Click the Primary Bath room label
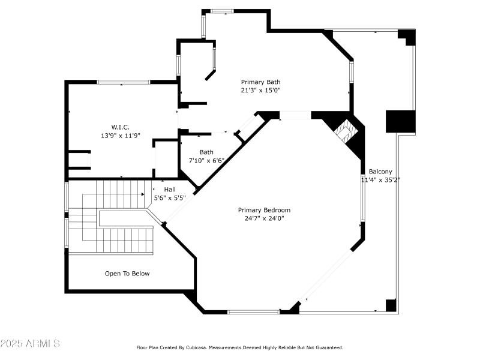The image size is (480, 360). tap(260, 82)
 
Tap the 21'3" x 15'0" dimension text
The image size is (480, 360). tap(260, 91)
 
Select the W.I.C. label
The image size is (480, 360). tap(120, 127)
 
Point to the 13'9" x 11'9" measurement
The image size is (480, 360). tap(120, 136)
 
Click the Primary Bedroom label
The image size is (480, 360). tap(264, 210)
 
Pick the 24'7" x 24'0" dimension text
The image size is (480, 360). tap(264, 218)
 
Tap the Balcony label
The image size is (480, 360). tap(380, 172)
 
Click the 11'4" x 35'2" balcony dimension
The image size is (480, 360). tap(380, 179)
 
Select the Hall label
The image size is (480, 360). tap(170, 189)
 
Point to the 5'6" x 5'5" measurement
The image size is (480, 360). tap(170, 197)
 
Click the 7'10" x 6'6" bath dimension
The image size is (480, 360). tap(206, 161)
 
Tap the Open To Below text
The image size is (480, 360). tap(127, 274)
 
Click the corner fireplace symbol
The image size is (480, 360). tap(346, 131)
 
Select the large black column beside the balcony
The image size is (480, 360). tap(400, 121)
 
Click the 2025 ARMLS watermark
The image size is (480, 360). tap(30, 344)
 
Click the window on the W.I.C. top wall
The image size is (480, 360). tap(123, 82)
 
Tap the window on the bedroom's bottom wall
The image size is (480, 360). tap(253, 311)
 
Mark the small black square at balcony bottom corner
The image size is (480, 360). tap(391, 305)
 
